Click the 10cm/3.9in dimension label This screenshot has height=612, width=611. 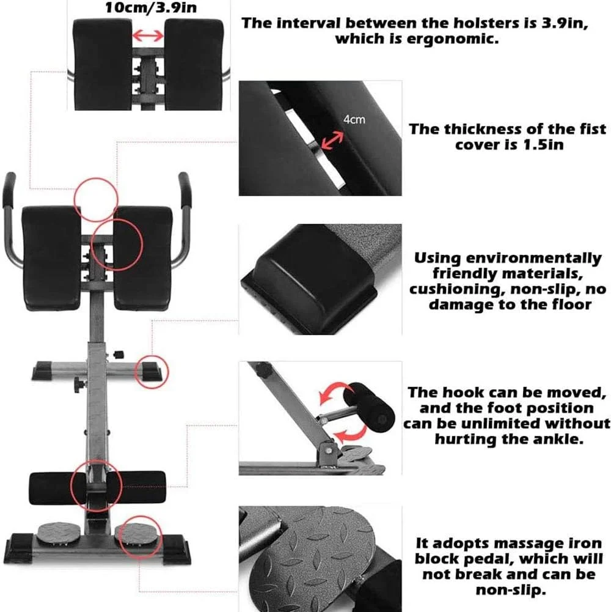click(x=151, y=8)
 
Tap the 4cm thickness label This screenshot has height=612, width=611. click(x=354, y=119)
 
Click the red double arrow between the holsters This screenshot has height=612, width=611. click(x=148, y=36)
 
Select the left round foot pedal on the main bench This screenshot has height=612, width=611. click(x=59, y=531)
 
